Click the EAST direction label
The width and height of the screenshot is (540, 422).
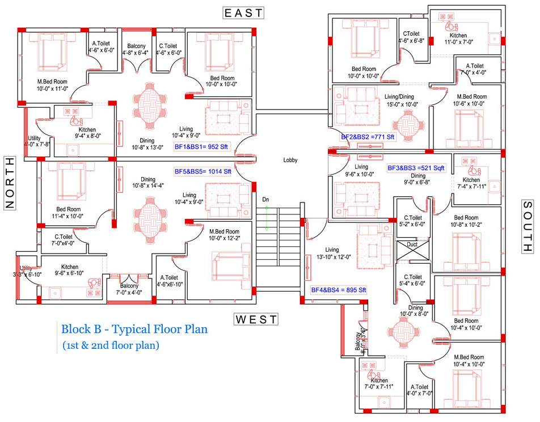click(x=243, y=12)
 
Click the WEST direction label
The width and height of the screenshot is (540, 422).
click(x=256, y=319)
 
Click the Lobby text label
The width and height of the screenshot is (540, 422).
click(x=290, y=160)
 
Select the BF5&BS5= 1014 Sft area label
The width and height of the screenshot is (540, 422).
click(x=202, y=171)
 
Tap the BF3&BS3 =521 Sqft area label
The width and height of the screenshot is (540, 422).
click(x=416, y=168)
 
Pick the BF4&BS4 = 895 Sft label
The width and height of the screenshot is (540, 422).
click(x=339, y=290)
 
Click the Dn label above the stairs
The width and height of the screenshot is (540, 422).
click(x=265, y=200)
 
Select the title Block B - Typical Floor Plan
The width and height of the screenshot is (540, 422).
click(x=134, y=328)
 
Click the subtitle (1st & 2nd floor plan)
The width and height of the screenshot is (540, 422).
click(x=111, y=344)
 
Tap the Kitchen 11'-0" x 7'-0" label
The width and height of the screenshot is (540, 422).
click(x=457, y=39)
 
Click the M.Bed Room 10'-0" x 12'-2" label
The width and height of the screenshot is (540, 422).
click(x=225, y=235)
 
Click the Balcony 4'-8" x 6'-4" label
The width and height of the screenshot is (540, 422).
click(x=136, y=49)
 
